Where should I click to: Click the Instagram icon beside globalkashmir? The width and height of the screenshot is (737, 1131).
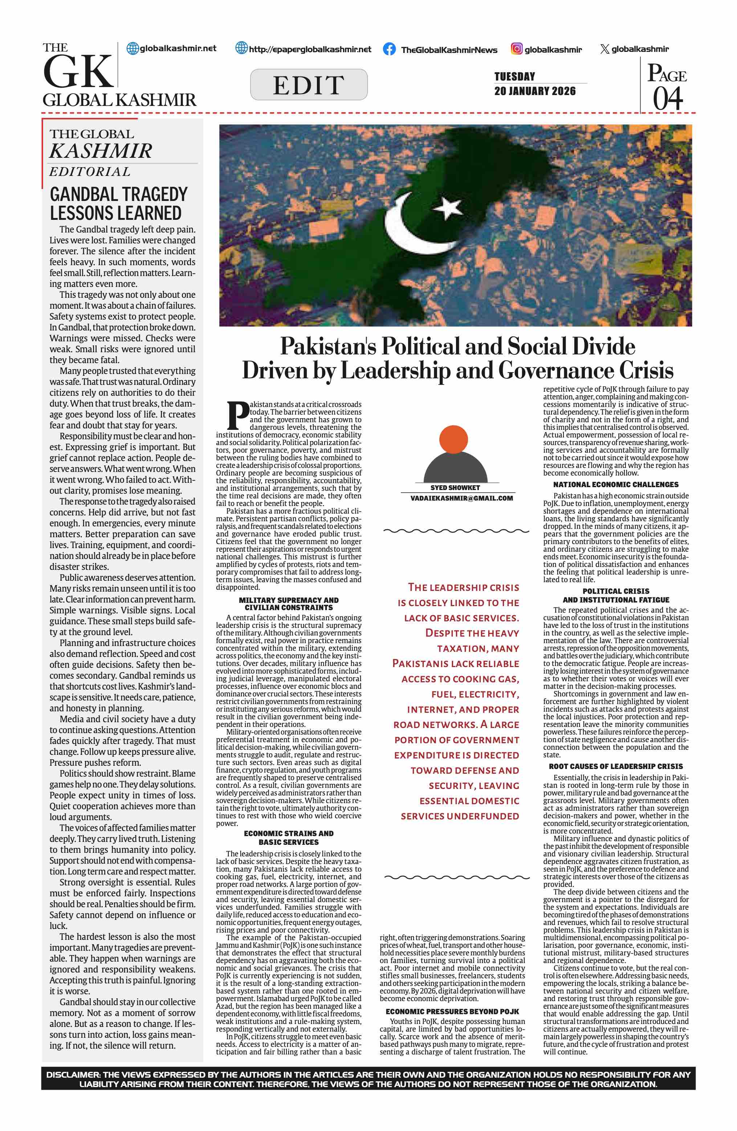pyautogui.click(x=516, y=49)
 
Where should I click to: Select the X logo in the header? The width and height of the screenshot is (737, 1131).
pyautogui.click(x=604, y=49)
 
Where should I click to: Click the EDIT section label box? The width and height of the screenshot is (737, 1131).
pyautogui.click(x=309, y=85)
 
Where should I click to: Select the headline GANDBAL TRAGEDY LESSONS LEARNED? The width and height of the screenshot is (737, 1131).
pyautogui.click(x=118, y=203)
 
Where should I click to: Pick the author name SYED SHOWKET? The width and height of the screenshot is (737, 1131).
pyautogui.click(x=455, y=488)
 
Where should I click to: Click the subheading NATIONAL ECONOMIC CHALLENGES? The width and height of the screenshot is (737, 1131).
pyautogui.click(x=615, y=484)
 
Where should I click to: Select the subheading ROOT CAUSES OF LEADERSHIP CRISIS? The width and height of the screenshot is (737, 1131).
pyautogui.click(x=615, y=766)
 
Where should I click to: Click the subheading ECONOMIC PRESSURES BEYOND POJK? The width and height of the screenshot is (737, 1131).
pyautogui.click(x=452, y=1011)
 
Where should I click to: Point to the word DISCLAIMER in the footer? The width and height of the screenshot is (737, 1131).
pyautogui.click(x=72, y=1074)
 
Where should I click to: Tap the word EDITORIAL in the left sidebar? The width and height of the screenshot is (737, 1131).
pyautogui.click(x=90, y=172)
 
